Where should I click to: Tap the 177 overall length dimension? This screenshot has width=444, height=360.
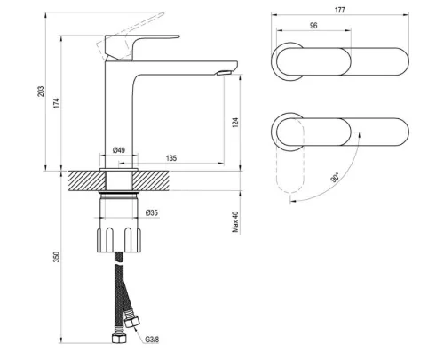tap(341, 10)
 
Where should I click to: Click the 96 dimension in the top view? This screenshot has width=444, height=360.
tap(313, 27)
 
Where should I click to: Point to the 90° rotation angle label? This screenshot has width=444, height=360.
tap(333, 178)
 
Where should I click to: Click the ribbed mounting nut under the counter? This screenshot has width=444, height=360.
tap(118, 241)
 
